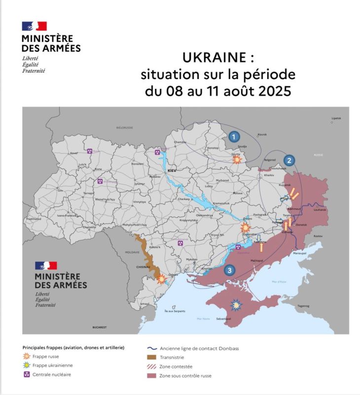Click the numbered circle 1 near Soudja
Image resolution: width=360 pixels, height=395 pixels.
tap(234, 136)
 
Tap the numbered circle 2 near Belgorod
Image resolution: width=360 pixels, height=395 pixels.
tap(289, 160)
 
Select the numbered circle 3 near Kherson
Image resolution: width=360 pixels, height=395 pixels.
tap(229, 270)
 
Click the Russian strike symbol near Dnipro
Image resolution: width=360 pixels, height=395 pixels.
tap(245, 228)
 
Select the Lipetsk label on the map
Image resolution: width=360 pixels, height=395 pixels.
tap(336, 118)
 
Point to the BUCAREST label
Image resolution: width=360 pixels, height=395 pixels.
tap(100, 327)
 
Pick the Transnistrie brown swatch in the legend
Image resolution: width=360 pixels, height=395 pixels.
tap(151, 357)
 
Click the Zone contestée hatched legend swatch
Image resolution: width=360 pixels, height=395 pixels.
tap(151, 367)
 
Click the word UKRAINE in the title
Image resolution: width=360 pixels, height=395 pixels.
tap(214, 58)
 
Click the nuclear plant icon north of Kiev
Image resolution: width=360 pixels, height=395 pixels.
tap(157, 153)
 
